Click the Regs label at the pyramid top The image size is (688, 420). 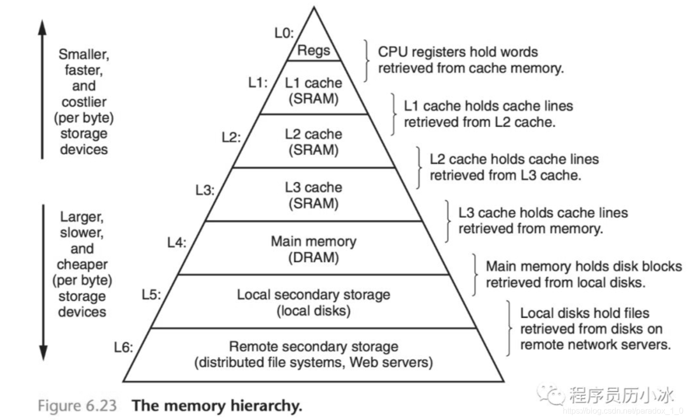point(314,51)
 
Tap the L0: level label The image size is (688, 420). point(283,33)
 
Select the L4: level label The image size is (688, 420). point(177,242)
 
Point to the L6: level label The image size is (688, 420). point(123,348)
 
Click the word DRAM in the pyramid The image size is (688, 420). point(313,257)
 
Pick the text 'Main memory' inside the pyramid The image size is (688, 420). point(313,241)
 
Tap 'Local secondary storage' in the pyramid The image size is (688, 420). point(313,294)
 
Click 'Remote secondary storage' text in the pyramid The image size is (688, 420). point(313,347)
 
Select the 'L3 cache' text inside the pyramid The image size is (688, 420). point(313,188)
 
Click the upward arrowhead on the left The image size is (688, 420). point(43,25)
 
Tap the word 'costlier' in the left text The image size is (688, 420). point(84,102)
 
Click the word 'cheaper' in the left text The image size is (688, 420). point(82,264)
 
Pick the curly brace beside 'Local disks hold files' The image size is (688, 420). point(508,328)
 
